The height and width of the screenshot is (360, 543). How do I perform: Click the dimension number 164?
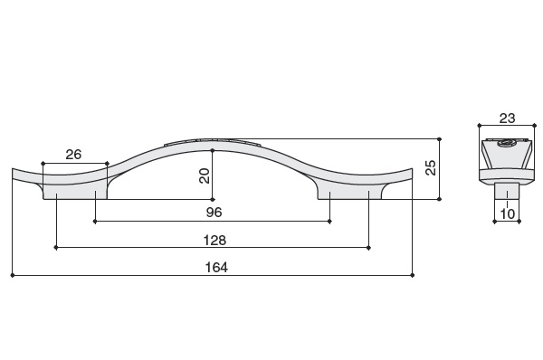[216, 267]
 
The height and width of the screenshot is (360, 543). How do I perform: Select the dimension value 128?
[214, 240]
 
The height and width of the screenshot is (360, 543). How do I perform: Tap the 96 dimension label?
[214, 213]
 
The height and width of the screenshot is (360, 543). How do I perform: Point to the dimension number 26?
[73, 155]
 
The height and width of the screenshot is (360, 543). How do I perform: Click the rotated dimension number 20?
[205, 175]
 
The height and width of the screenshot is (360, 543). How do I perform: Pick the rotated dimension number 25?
[430, 168]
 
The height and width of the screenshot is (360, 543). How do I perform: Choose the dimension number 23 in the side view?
[507, 118]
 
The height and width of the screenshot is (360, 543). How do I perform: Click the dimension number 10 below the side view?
[508, 213]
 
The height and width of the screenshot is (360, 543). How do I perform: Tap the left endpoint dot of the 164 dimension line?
[13, 275]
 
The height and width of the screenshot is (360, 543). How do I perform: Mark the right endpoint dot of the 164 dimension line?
[412, 275]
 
